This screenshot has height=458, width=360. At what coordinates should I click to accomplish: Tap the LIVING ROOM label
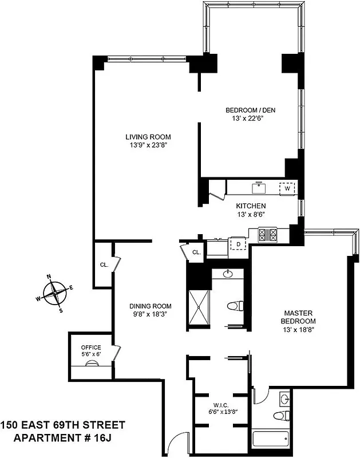[148, 137]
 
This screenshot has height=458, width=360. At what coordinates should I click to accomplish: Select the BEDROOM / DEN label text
[248, 110]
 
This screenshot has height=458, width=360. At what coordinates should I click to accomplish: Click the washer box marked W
[287, 188]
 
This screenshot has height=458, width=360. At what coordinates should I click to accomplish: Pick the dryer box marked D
[238, 244]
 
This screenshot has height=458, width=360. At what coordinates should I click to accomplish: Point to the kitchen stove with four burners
[268, 234]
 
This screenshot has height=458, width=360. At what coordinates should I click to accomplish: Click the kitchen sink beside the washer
[260, 187]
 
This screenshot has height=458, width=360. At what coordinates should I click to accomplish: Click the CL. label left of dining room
[104, 265]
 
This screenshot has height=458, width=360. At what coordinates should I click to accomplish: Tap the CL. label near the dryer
[196, 252]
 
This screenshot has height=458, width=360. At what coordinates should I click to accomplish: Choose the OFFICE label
[90, 348]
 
